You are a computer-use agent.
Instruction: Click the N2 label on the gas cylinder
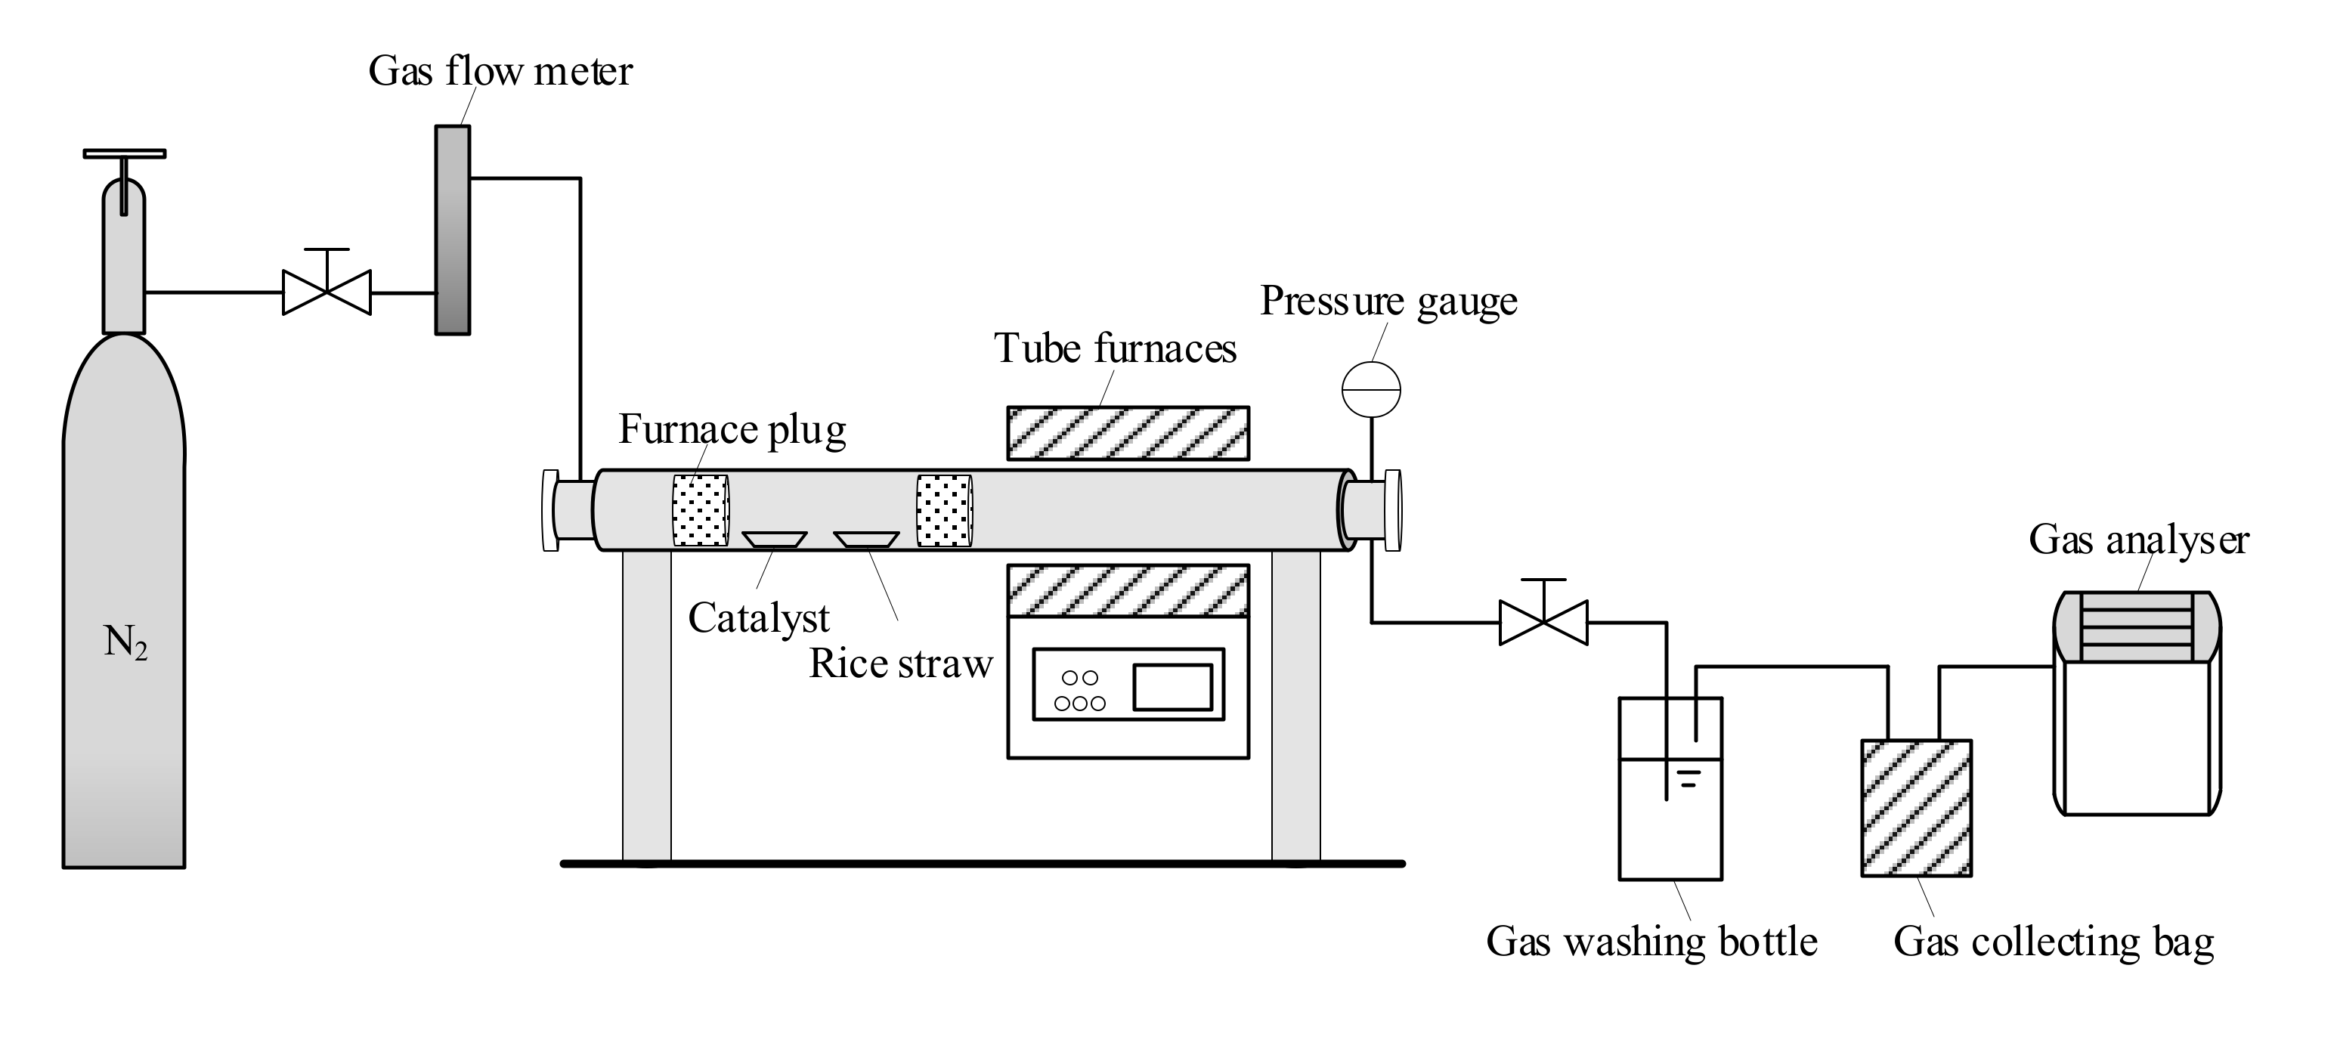[125, 643]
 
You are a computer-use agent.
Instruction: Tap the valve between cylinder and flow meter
[327, 292]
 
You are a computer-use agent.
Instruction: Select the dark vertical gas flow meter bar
[453, 230]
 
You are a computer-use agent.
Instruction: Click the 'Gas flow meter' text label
[500, 72]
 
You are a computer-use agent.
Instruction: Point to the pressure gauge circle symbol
[1371, 389]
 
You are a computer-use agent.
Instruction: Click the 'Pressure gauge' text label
[1388, 302]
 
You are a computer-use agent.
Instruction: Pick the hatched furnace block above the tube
[1128, 433]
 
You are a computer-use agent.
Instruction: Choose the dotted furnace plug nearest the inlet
[701, 510]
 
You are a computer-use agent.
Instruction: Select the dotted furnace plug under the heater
[945, 510]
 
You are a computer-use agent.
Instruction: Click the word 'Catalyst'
[759, 618]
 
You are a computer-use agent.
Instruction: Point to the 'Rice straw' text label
[900, 664]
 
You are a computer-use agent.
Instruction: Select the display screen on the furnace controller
[1172, 687]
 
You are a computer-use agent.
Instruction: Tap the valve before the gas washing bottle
[1543, 623]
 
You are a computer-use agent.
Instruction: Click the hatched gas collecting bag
[1916, 808]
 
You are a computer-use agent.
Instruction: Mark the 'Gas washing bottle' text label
[1651, 942]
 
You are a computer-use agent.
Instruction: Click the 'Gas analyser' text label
[2138, 540]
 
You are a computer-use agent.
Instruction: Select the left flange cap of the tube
[549, 509]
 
